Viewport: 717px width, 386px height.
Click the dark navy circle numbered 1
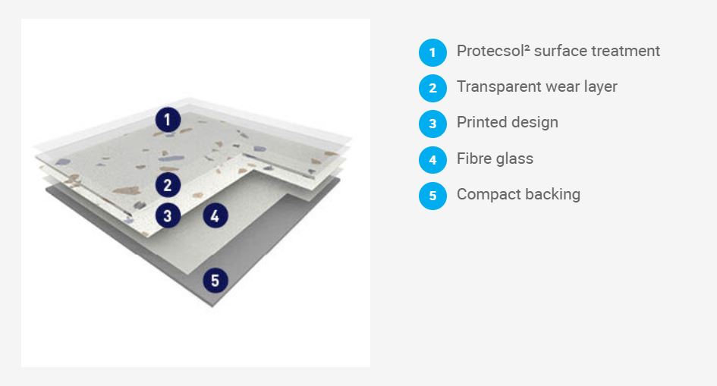tap(168, 120)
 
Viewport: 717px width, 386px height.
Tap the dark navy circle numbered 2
tap(168, 184)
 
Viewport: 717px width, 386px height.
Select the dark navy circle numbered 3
tap(168, 215)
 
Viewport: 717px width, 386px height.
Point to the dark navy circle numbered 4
tap(215, 216)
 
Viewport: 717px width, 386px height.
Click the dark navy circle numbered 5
tap(215, 280)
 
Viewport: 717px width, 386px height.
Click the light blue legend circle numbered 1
tap(432, 52)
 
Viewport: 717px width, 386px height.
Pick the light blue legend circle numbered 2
tap(432, 88)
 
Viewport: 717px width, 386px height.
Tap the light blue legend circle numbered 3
tap(432, 124)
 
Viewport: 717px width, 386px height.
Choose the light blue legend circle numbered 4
tap(432, 160)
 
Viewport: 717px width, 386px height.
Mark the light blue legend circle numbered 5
tap(432, 196)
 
